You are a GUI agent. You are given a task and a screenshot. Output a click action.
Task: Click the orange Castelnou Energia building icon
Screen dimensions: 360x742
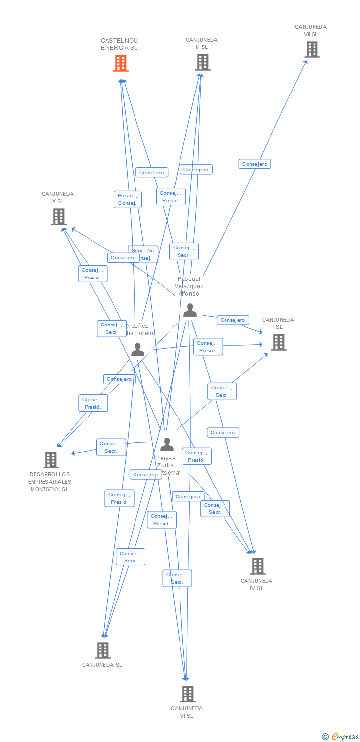click(121, 63)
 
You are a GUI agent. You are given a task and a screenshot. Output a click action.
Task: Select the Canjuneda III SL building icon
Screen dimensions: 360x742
click(202, 62)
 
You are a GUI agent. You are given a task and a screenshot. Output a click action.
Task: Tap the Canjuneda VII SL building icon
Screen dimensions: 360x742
click(312, 49)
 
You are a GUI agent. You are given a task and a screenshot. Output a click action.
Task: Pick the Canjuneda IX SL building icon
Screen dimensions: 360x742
click(58, 217)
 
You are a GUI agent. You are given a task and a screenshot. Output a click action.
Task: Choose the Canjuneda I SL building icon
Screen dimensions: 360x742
click(278, 342)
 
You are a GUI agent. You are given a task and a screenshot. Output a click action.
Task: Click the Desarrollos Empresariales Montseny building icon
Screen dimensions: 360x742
click(50, 460)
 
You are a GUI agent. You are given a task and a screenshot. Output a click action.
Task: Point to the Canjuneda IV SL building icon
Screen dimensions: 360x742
click(257, 566)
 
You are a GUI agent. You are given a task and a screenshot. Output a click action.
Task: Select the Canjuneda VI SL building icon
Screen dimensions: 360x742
click(187, 694)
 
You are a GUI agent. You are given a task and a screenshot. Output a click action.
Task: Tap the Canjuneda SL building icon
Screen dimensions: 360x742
click(102, 650)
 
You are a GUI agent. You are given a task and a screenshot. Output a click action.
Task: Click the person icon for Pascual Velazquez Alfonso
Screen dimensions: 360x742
click(190, 310)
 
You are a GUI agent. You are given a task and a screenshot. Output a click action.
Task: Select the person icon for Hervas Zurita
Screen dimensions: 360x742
click(167, 445)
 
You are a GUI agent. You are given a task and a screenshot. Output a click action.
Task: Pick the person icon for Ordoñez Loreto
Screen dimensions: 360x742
click(137, 350)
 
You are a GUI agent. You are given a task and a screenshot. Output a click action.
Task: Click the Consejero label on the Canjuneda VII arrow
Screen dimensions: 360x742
click(255, 164)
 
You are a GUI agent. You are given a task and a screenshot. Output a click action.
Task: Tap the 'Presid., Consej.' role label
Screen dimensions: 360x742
click(127, 199)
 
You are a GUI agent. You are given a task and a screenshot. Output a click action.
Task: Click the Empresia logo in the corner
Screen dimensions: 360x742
click(341, 736)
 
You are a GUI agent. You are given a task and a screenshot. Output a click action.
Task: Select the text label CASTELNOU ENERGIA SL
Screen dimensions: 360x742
click(119, 44)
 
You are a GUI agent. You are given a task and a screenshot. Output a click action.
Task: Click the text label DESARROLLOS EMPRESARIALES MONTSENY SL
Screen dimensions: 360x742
click(49, 482)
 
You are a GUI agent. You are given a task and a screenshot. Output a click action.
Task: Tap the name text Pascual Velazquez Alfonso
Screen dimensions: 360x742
click(189, 286)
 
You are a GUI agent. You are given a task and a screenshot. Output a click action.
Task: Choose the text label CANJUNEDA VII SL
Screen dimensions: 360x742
click(311, 31)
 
